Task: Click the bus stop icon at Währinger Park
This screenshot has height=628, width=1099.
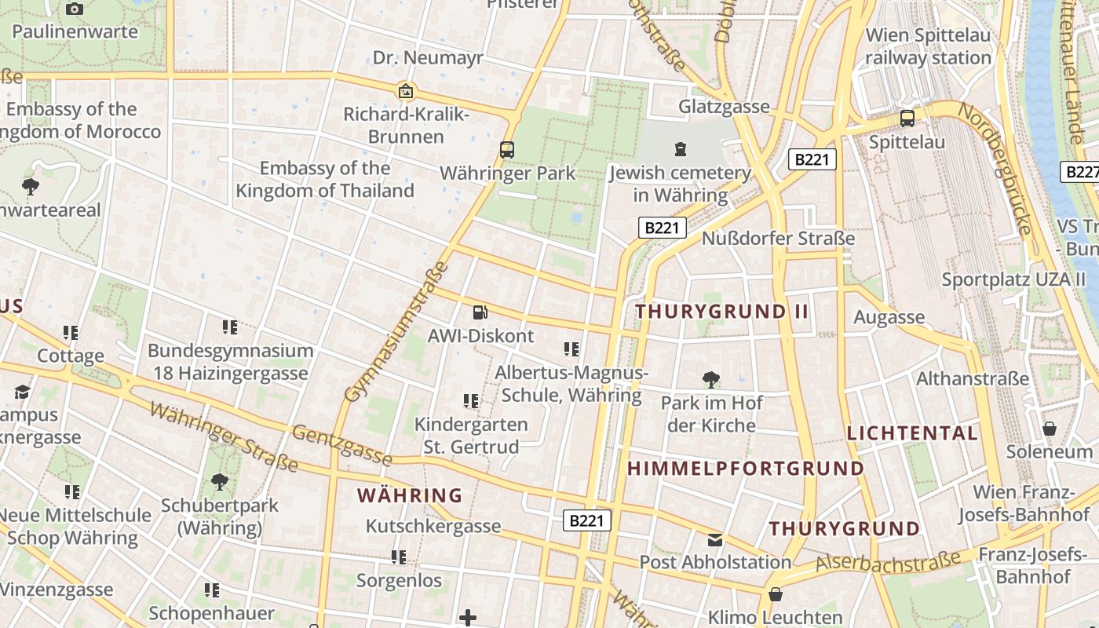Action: click(x=507, y=149)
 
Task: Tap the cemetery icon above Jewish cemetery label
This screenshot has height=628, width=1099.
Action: click(x=680, y=148)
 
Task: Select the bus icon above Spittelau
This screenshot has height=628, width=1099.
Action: click(x=907, y=119)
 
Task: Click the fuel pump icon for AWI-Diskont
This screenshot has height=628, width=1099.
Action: click(x=480, y=312)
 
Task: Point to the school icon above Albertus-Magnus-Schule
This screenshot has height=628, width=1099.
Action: click(x=571, y=349)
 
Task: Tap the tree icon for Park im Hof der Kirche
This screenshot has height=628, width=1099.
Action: click(x=710, y=380)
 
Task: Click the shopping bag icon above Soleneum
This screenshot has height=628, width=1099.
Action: click(x=1050, y=429)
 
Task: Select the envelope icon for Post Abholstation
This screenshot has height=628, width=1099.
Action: click(x=714, y=539)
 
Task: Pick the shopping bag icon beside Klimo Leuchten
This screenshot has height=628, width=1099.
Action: click(x=776, y=594)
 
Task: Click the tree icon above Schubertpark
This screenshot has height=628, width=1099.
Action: click(x=219, y=482)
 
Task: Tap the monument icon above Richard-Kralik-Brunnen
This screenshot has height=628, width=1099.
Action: click(x=406, y=91)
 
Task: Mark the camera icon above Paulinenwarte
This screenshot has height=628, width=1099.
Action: click(x=75, y=9)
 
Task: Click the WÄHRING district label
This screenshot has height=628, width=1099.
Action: click(x=410, y=495)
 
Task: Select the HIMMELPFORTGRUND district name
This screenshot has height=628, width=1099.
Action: click(x=745, y=469)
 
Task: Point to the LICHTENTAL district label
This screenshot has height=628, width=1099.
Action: click(x=912, y=433)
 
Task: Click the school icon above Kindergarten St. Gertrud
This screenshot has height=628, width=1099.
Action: click(x=471, y=401)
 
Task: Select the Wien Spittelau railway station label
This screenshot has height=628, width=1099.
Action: click(x=929, y=46)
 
